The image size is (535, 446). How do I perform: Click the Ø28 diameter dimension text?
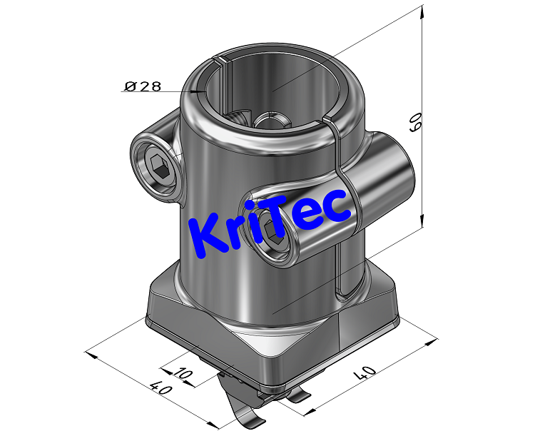tap(143, 86)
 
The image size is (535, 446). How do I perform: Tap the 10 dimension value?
tap(183, 373)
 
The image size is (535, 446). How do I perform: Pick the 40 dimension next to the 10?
tap(160, 393)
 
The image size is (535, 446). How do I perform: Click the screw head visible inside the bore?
tap(270, 121)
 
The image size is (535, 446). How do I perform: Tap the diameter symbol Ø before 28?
tap(130, 86)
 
